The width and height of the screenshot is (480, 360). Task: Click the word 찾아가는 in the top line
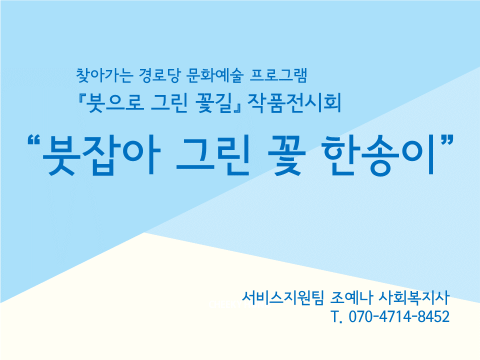pos(104,75)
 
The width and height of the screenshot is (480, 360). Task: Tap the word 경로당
pos(158,75)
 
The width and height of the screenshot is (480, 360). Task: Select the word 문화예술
pos(214,75)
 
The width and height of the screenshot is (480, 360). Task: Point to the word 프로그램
pos(278,75)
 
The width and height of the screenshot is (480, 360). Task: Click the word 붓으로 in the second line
pos(115,103)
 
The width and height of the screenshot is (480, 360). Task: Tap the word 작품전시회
pos(294,103)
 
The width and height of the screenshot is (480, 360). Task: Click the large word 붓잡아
pos(101,155)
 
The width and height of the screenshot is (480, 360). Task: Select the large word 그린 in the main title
pos(213,155)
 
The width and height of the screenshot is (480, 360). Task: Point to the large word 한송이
pos(379,155)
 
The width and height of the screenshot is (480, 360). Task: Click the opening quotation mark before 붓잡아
pos(34,140)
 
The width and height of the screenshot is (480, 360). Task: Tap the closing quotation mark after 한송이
pos(446,140)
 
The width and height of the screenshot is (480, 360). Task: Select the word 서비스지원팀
pos(282,297)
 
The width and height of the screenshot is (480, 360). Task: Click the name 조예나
pos(351,297)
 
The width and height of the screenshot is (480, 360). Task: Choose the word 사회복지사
pos(414,297)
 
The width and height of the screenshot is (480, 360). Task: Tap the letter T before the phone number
pos(336,316)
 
